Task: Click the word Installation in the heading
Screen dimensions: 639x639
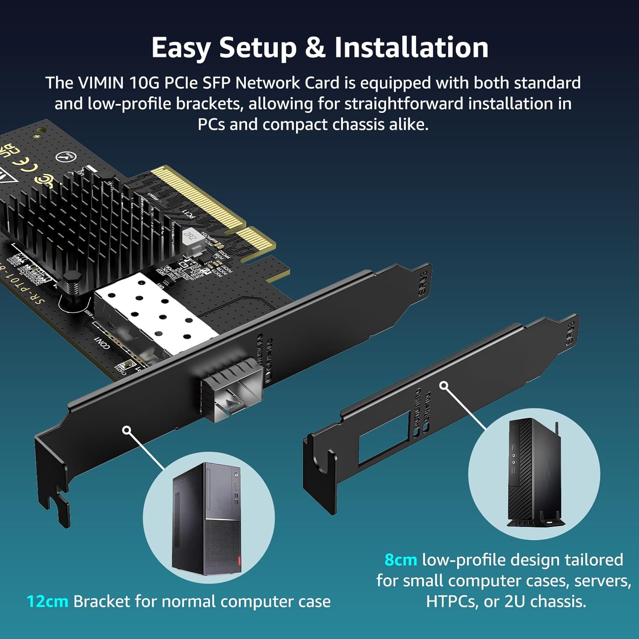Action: point(411,47)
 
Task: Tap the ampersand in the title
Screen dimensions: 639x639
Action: point(315,47)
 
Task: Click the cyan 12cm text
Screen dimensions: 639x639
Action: point(47,602)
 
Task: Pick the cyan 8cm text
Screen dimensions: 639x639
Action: point(400,560)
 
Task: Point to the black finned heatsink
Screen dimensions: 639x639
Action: point(85,226)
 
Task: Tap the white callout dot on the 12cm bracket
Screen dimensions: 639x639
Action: point(127,430)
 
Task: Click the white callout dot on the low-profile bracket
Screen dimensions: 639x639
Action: point(444,386)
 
